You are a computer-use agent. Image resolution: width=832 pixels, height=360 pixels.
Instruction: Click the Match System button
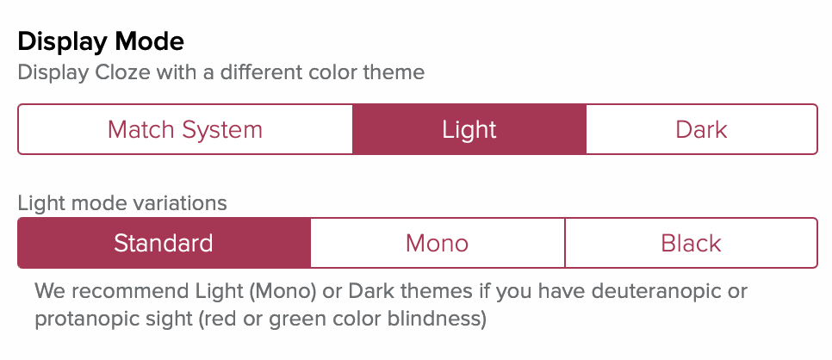click(185, 129)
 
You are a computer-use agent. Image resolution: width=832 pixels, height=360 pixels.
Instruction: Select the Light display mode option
click(469, 129)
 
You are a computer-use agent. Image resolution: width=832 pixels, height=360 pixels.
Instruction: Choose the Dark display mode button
click(701, 129)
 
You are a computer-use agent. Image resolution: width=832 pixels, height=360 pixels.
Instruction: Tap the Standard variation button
click(164, 243)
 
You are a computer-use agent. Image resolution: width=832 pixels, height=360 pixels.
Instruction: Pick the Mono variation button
click(438, 243)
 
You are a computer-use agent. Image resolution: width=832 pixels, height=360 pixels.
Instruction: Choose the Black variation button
click(692, 243)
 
